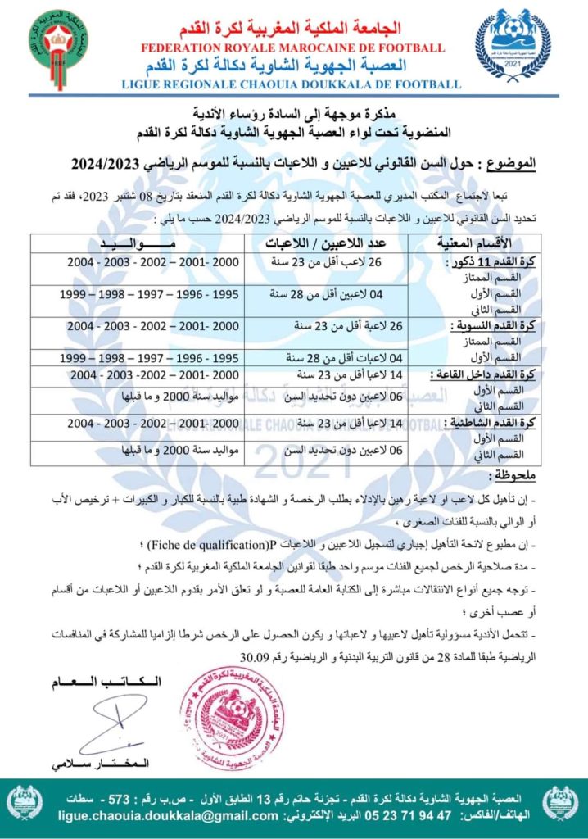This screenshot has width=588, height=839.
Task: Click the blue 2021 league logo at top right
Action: [513, 46]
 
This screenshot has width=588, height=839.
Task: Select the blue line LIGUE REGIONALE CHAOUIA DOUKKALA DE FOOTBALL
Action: [291, 84]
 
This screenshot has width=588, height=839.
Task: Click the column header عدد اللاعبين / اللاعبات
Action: [342, 243]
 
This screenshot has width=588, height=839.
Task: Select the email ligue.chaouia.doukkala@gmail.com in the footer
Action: [168, 816]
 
